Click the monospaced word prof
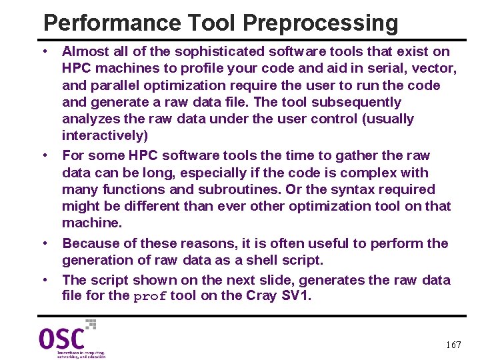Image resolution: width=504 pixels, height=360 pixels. coord(150,297)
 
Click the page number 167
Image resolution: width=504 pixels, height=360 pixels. coord(453,345)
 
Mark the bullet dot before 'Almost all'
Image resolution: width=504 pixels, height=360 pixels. coord(45,51)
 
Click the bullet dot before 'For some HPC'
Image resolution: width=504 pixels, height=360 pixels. coord(45,155)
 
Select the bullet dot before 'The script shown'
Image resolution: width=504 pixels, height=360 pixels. coord(45,280)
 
